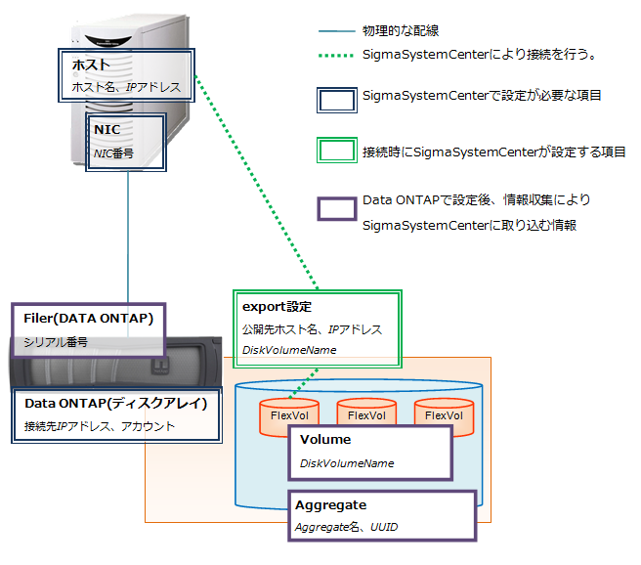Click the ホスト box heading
pyautogui.click(x=90, y=65)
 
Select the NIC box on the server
pyautogui.click(x=125, y=142)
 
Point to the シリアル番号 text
pyautogui.click(x=58, y=342)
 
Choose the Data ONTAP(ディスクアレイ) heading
pyautogui.click(x=115, y=403)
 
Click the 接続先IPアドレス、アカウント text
pyautogui.click(x=100, y=426)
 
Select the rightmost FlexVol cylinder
pyautogui.click(x=444, y=415)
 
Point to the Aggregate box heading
pyautogui.click(x=331, y=505)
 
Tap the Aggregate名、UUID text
pyautogui.click(x=346, y=527)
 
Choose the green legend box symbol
pyautogui.click(x=334, y=152)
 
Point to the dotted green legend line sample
pyautogui.click(x=334, y=56)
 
